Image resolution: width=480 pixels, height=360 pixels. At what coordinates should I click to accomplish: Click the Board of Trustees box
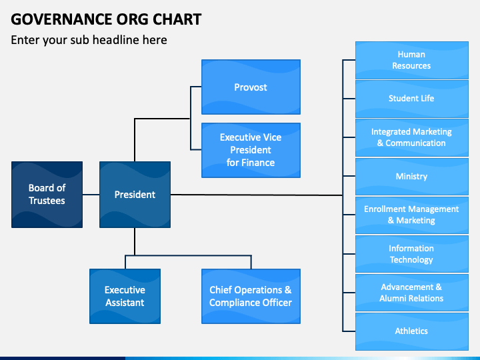click(x=47, y=195)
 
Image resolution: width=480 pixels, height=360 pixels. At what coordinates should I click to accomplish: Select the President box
click(x=135, y=195)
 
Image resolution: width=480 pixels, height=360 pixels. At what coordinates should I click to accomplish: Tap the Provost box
click(x=251, y=87)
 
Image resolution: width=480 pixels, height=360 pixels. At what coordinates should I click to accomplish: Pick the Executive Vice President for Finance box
click(x=251, y=150)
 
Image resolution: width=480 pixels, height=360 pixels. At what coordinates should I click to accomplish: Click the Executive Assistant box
click(x=125, y=296)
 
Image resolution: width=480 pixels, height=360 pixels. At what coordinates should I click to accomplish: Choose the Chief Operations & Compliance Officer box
click(x=251, y=296)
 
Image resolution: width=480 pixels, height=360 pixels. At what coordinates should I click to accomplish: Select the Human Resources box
click(x=412, y=60)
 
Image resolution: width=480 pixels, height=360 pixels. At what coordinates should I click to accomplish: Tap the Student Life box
click(x=412, y=99)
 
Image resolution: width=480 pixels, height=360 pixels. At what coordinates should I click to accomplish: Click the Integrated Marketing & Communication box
click(x=412, y=138)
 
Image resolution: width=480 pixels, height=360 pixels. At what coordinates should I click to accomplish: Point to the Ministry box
click(x=412, y=176)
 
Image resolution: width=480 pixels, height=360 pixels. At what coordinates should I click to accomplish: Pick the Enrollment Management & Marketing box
click(x=412, y=215)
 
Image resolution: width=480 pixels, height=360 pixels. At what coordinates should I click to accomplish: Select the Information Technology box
click(x=412, y=254)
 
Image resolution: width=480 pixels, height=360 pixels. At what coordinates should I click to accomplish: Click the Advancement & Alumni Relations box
click(x=412, y=293)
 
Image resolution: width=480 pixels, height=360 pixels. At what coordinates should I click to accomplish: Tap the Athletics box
click(x=412, y=331)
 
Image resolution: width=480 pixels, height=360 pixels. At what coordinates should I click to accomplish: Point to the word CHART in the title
click(x=177, y=19)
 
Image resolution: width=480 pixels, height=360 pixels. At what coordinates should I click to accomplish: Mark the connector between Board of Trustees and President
click(x=91, y=195)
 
